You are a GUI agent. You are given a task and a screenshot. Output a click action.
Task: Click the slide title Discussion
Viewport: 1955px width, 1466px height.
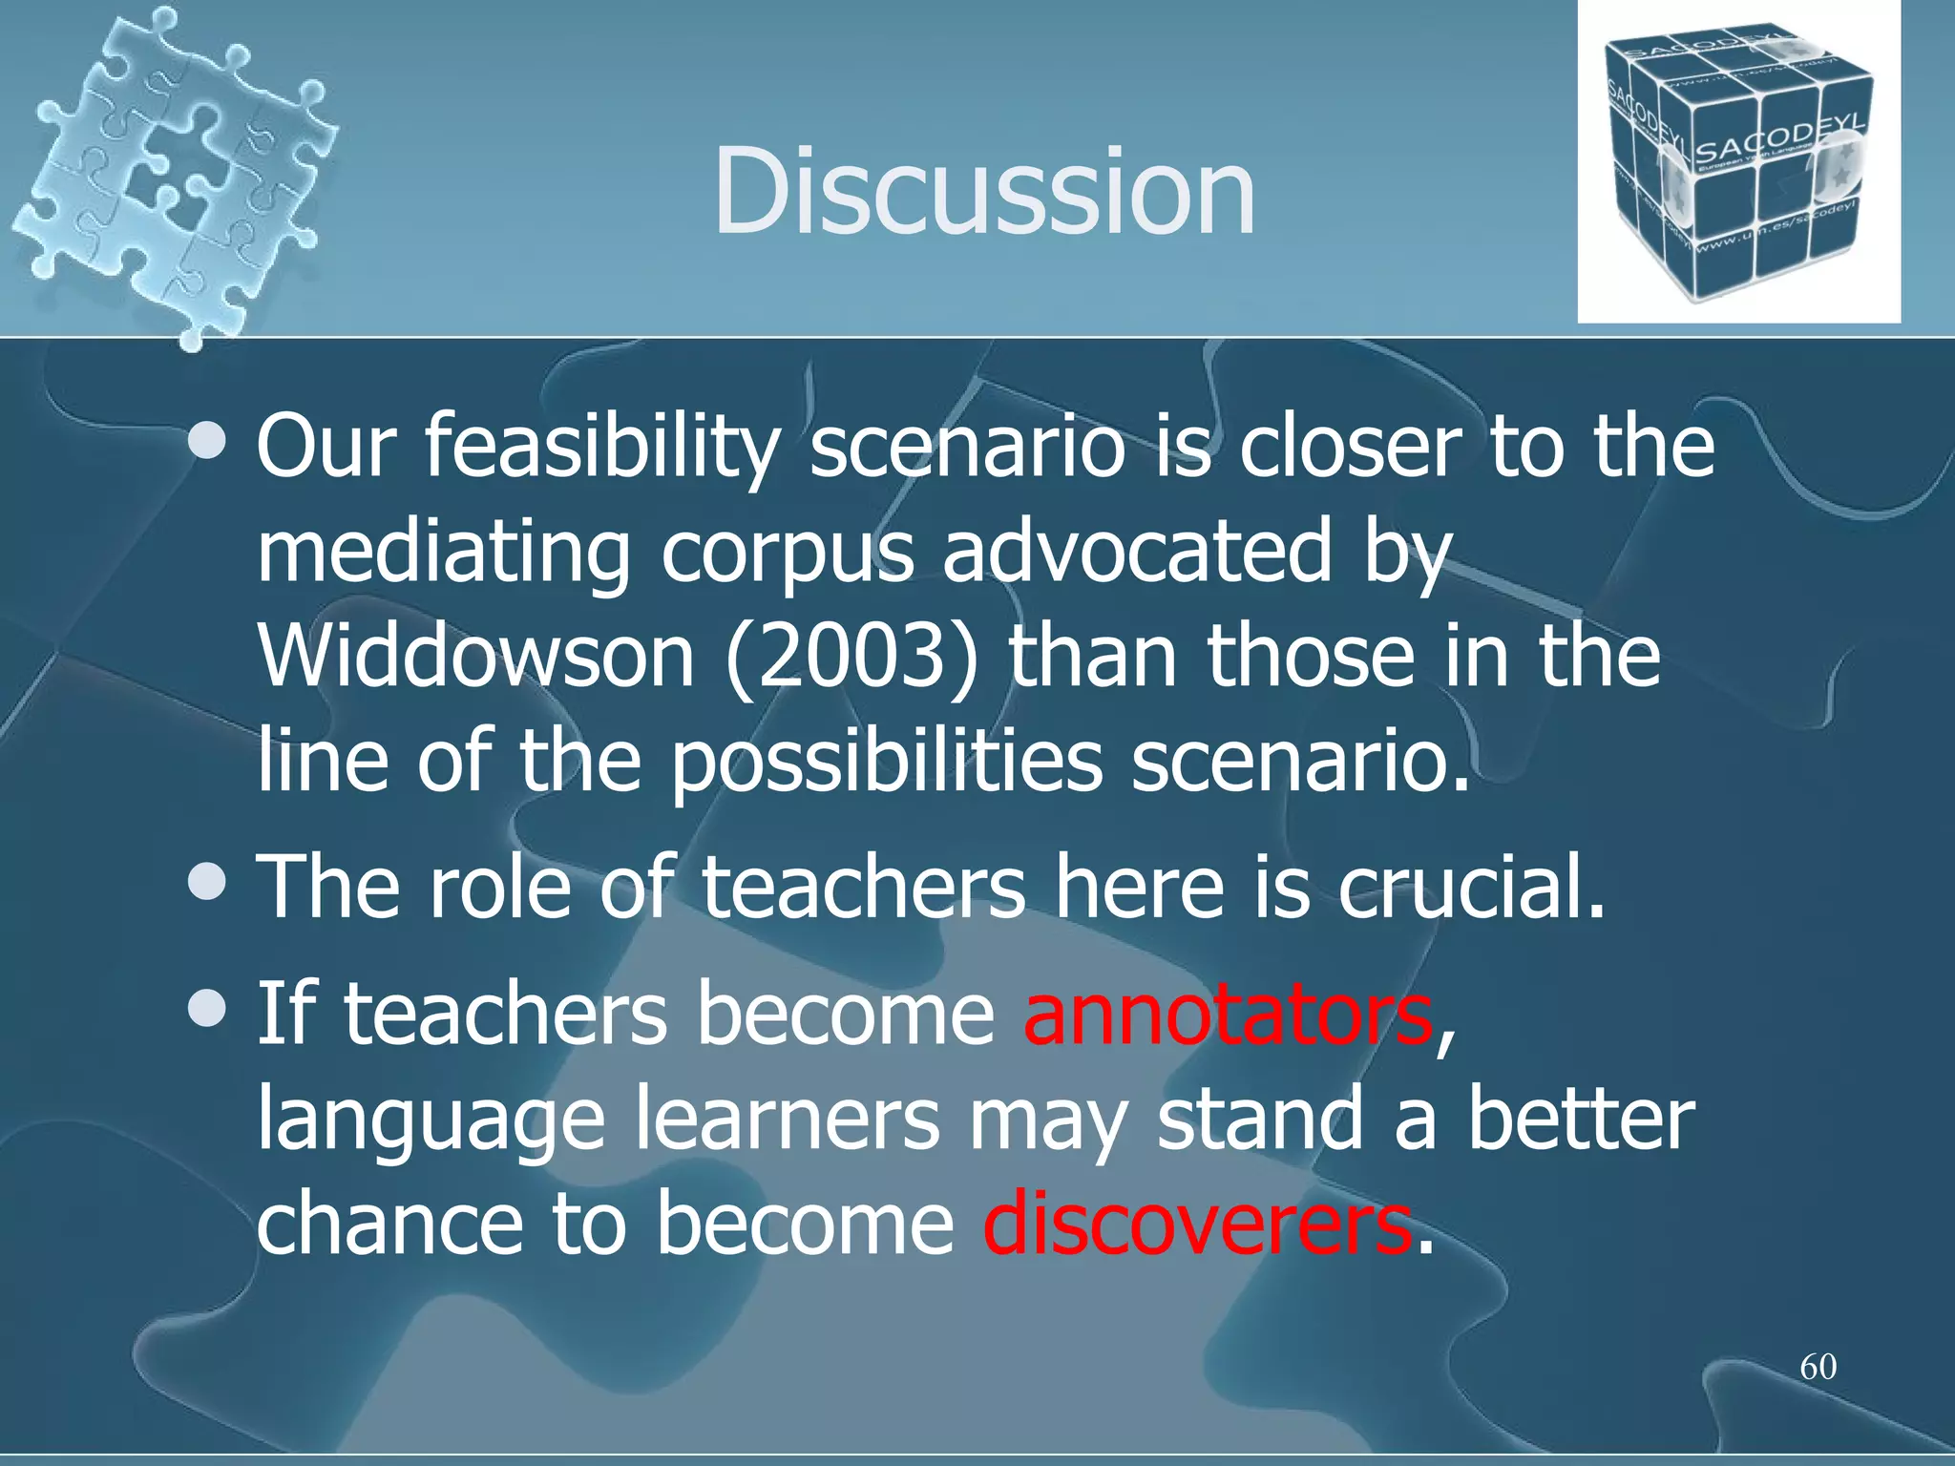point(983,191)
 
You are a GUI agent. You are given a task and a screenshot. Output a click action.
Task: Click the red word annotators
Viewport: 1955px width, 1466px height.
point(1227,1014)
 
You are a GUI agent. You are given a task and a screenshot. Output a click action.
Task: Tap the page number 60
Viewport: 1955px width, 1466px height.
point(1818,1367)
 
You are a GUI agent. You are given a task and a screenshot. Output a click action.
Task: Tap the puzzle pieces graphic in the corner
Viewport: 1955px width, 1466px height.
point(172,172)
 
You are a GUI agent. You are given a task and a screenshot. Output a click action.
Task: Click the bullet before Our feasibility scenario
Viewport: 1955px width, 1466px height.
point(207,441)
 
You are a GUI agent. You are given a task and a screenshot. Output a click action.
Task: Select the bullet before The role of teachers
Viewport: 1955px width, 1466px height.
point(207,883)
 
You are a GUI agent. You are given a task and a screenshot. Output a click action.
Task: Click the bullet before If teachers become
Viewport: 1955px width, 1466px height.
point(207,1009)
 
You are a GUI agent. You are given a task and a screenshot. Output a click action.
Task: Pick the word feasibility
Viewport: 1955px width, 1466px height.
point(601,449)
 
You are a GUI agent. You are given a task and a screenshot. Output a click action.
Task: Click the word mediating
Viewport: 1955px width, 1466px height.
point(444,554)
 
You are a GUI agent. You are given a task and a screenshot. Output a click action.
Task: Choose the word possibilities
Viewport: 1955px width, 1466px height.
point(886,764)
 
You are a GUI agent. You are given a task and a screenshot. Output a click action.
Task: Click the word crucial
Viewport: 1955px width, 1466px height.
point(1471,888)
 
